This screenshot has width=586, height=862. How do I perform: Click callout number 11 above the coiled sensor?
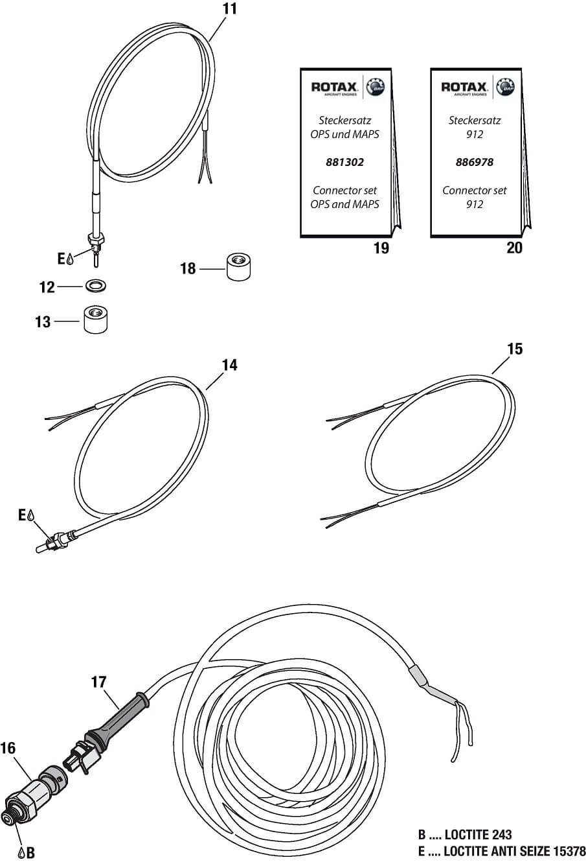[x=230, y=8]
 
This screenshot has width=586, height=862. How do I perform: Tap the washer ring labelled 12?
[x=95, y=286]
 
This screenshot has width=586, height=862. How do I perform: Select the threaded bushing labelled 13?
[x=95, y=320]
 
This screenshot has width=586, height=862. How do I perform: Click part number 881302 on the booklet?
[x=344, y=162]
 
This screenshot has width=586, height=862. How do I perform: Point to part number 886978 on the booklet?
[x=475, y=162]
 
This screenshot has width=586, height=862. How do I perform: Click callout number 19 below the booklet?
[x=381, y=248]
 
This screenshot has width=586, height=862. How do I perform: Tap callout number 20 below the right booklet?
[x=514, y=248]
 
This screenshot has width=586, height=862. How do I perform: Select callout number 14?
[x=230, y=365]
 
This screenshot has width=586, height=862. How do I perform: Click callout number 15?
[x=515, y=349]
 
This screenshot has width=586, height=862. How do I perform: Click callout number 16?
[x=8, y=749]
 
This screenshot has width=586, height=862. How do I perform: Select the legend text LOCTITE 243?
[x=478, y=835]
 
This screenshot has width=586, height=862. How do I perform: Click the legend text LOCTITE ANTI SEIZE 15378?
[x=515, y=851]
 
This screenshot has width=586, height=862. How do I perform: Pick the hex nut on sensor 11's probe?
[x=96, y=239]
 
